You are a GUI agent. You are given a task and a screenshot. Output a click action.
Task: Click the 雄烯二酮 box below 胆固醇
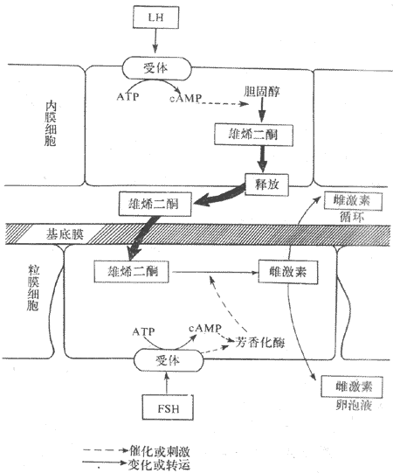pos(245,135)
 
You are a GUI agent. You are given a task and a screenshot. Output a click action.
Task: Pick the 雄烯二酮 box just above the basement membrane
pos(149,205)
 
